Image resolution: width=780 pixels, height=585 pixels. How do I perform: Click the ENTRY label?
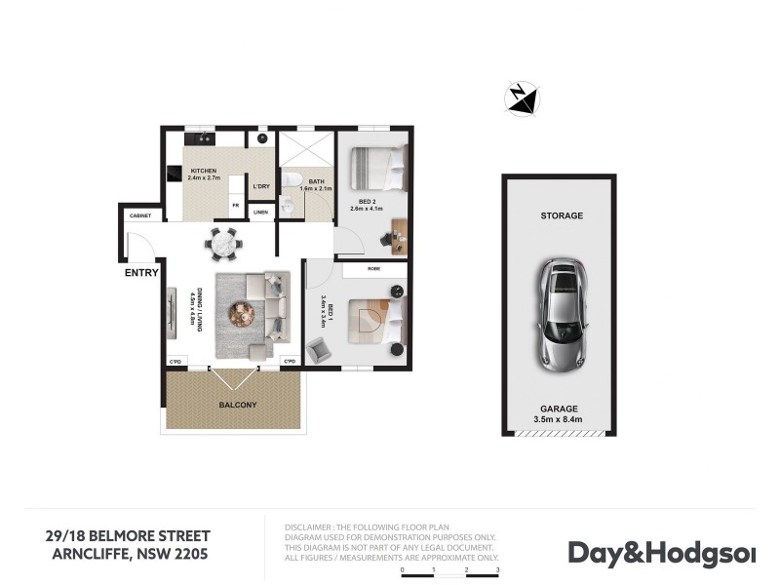tap(141, 273)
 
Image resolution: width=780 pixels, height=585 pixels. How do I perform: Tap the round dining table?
tap(222, 243)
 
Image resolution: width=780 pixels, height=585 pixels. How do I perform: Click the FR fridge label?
tap(235, 205)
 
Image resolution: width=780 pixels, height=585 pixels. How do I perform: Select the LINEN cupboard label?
tap(260, 212)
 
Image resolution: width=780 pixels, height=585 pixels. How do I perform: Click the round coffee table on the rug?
tap(241, 314)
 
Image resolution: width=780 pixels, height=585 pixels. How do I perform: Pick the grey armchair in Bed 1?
tap(319, 348)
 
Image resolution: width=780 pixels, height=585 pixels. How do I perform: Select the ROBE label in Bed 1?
tap(373, 268)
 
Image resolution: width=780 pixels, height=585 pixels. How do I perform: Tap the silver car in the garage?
tap(559, 312)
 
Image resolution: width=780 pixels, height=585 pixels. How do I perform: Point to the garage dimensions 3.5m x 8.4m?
tap(559, 420)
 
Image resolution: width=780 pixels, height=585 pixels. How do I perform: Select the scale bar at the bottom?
tap(449, 575)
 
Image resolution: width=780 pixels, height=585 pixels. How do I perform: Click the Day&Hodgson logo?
tap(661, 553)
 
